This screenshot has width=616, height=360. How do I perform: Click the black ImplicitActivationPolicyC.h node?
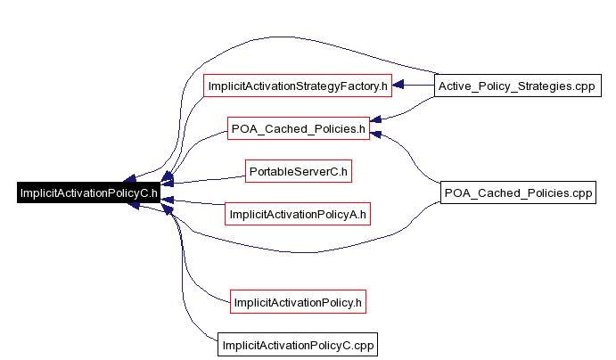tap(87, 192)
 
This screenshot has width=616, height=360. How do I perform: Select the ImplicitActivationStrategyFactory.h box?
tap(298, 86)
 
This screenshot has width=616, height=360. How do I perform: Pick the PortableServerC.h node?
tap(298, 170)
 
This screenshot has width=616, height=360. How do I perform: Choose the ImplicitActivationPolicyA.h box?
tap(298, 214)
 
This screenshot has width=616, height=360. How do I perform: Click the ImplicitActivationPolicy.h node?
tap(298, 302)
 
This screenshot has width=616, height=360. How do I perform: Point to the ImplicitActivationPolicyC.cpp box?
tap(298, 345)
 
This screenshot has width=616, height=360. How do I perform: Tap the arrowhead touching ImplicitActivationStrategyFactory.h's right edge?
tap(398, 86)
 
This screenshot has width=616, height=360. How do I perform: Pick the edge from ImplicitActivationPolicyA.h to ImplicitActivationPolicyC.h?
tap(196, 203)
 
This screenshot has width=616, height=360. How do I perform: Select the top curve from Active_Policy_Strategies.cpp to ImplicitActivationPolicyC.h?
tap(267, 38)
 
